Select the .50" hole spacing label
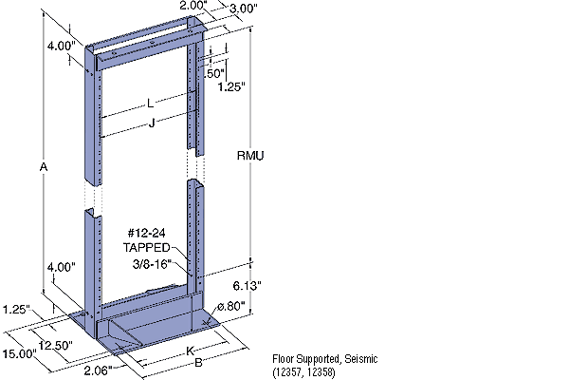215,72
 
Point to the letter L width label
150,103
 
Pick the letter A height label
44,167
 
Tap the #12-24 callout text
143,234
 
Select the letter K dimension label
176,350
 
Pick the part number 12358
319,370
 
